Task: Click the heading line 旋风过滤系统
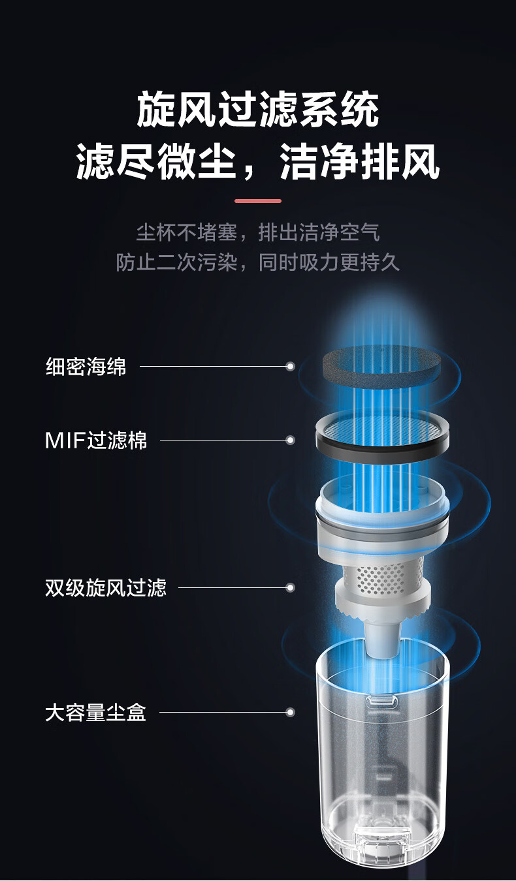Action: click(258, 110)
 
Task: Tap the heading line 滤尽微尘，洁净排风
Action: click(258, 162)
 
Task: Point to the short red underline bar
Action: click(258, 201)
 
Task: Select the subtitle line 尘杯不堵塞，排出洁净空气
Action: click(258, 232)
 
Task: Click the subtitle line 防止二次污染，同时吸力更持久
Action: click(258, 262)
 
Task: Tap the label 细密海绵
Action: click(86, 367)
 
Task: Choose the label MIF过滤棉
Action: click(96, 440)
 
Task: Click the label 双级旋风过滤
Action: click(106, 587)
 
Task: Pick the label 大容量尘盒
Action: click(95, 712)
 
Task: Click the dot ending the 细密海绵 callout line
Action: click(291, 367)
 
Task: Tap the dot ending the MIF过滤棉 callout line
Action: click(291, 440)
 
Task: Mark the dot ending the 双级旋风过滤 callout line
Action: click(291, 587)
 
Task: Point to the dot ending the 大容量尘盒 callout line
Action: click(291, 712)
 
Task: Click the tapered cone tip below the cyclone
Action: click(381, 640)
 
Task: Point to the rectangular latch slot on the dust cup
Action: click(381, 702)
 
